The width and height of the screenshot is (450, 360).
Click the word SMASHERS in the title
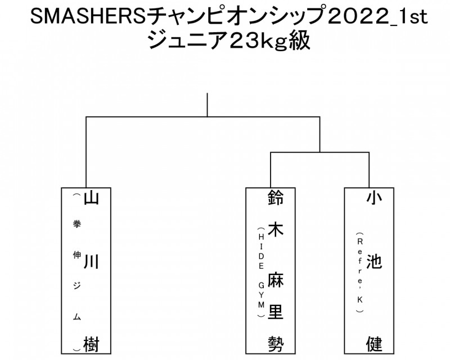point(85,19)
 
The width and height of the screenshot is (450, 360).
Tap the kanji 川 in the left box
point(92,263)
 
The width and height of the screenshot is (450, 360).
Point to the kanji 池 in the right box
point(374,263)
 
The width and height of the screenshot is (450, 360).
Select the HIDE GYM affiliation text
point(261,273)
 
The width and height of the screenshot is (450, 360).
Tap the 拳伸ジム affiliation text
point(77,270)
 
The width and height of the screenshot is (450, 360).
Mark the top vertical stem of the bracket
point(208,105)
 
